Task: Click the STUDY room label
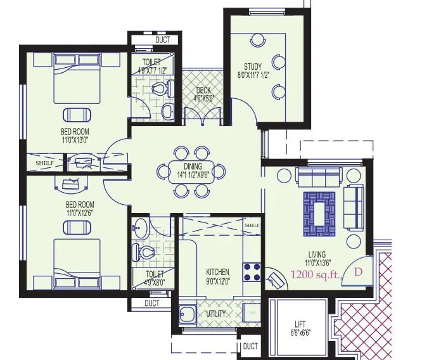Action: pos(253,67)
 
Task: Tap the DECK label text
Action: pos(203,91)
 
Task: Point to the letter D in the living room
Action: pos(358,273)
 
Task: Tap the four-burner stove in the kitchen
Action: pos(252,271)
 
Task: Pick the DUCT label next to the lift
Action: pos(250,346)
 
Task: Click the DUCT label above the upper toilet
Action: pos(163,41)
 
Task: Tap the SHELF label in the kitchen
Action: pos(252,225)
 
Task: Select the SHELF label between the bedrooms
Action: pos(44,163)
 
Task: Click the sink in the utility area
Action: pos(188,314)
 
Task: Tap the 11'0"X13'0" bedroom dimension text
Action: pos(74,140)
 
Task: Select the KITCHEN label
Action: pos(217,272)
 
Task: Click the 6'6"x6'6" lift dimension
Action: pos(300,333)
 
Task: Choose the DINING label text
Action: pos(193,167)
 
